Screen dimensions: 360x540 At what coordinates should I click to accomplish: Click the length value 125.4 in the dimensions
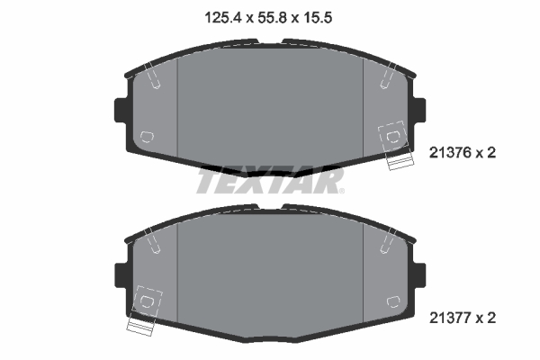coord(218,15)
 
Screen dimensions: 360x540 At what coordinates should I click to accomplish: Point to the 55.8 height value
coord(269,15)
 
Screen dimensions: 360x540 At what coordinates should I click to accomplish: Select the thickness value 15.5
coord(320,15)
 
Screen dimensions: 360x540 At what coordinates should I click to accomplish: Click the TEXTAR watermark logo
coord(269,181)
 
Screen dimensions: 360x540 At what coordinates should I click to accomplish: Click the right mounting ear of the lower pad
coord(418,273)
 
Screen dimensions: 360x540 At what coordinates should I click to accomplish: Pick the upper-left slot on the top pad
coord(154,78)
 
